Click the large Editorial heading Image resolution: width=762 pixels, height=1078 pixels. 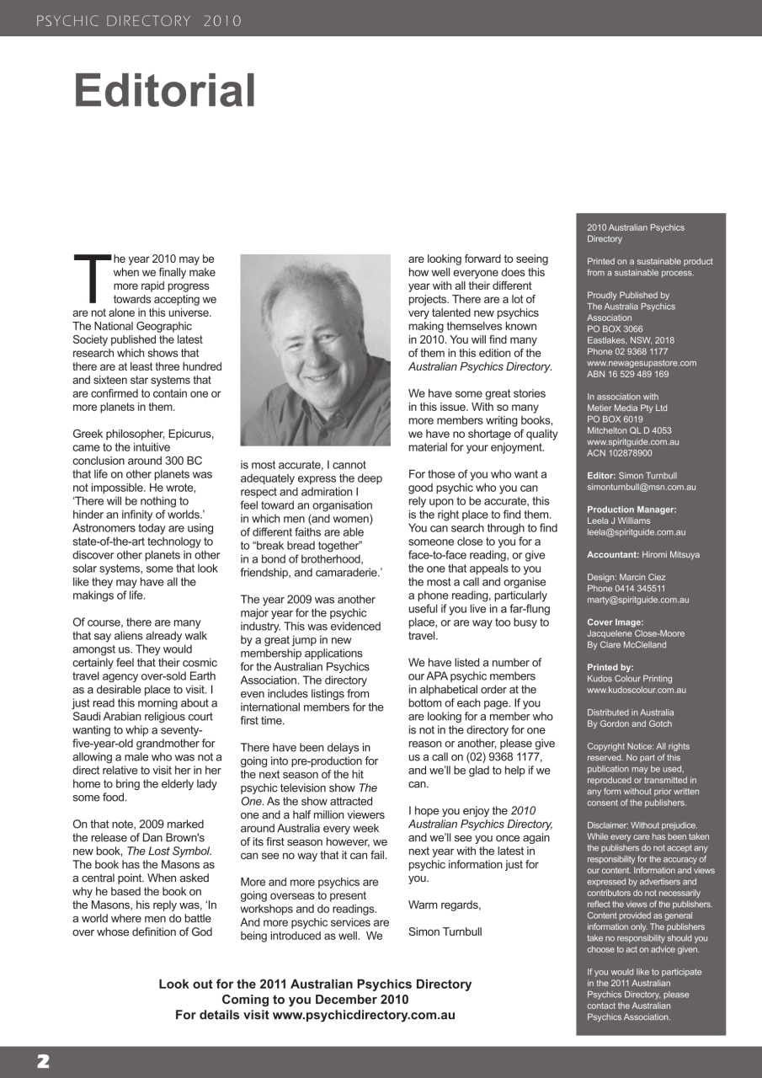point(164,91)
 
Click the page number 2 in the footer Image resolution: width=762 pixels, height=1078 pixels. point(42,1061)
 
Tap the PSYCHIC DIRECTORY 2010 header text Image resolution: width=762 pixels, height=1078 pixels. point(139,21)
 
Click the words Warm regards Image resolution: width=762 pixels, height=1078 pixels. point(444,905)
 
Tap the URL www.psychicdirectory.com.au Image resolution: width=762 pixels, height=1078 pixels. point(364,1015)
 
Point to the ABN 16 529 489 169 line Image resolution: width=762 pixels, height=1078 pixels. point(627,374)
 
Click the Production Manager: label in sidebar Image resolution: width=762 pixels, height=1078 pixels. point(631,510)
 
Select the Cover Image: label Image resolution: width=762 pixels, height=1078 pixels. point(616,622)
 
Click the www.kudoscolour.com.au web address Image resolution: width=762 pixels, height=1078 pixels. point(636,690)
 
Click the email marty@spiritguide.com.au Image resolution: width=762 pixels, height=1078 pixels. point(637,600)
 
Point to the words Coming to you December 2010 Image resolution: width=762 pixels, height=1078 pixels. point(315,1000)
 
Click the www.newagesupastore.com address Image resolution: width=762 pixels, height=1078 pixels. point(641,363)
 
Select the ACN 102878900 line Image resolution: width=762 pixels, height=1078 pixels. point(619,453)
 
